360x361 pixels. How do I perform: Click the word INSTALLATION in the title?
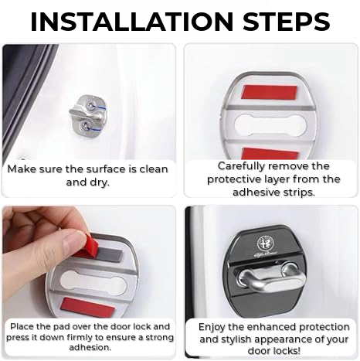(131, 21)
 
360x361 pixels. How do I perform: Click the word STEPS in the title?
(287, 21)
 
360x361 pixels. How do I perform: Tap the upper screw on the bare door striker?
(91, 104)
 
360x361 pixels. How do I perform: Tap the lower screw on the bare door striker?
(85, 126)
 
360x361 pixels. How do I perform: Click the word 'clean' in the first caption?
(154, 169)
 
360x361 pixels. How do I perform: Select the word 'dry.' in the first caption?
(100, 182)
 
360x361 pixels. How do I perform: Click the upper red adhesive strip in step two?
(269, 93)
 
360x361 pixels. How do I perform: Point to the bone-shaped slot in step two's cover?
(270, 125)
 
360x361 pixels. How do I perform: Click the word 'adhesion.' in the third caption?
(90, 348)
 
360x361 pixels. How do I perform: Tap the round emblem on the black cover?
(266, 244)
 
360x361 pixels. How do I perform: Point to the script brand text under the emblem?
(266, 254)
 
